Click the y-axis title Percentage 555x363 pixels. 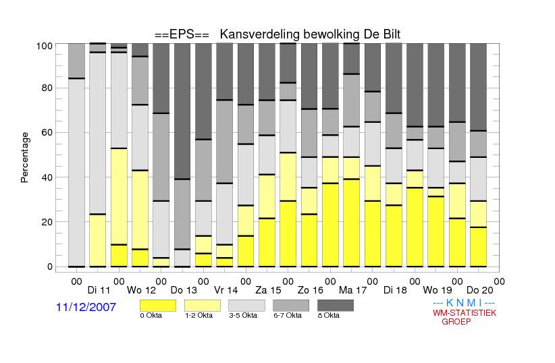(24, 157)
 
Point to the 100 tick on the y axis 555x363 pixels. (45, 46)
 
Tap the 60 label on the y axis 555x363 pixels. (47, 132)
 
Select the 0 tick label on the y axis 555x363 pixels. (50, 267)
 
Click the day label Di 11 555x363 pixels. (99, 290)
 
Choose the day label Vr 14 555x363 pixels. (226, 290)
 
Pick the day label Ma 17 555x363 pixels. (352, 290)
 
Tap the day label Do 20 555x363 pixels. (479, 290)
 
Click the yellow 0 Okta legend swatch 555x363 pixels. (158, 306)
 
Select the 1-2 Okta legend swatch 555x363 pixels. (203, 306)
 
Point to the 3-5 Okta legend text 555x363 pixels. (243, 315)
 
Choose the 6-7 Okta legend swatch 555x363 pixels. (291, 306)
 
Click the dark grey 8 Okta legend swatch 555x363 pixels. (336, 306)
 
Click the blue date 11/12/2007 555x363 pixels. (86, 307)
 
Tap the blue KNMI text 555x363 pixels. (464, 303)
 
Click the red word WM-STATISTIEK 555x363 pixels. (465, 313)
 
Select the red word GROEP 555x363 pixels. (456, 322)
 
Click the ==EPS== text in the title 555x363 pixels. (182, 34)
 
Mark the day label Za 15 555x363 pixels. (268, 290)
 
